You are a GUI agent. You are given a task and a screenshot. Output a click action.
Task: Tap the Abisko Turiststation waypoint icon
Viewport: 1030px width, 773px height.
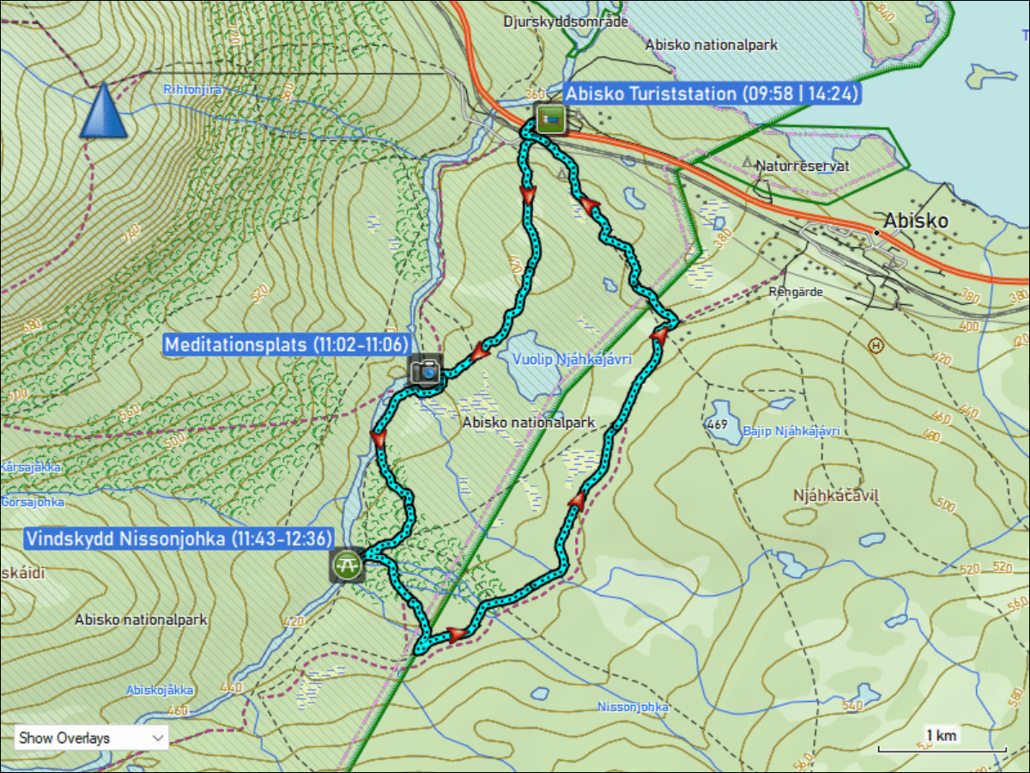550,118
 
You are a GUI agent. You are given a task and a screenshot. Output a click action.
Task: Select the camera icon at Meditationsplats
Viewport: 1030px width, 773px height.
425,370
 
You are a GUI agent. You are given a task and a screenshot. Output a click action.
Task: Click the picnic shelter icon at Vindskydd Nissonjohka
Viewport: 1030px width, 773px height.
347,565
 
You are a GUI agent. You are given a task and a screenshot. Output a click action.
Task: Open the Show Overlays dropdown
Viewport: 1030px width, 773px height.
91,737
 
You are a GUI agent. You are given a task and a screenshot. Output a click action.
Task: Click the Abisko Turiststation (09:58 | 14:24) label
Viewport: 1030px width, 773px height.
712,94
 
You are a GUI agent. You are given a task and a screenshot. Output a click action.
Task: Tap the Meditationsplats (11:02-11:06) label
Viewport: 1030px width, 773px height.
285,345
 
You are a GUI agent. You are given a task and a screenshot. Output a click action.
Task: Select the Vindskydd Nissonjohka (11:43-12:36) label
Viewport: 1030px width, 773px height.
179,539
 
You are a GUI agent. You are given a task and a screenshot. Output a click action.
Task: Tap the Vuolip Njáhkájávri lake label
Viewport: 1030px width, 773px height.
571,359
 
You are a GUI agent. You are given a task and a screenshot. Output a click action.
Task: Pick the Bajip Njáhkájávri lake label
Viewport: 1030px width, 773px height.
791,431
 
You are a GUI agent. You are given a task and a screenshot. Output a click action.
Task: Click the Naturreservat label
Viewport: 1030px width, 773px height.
803,167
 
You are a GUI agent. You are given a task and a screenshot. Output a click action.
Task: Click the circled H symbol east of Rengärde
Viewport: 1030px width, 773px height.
875,344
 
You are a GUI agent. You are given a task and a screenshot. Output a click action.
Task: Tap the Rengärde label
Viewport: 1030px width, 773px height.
796,292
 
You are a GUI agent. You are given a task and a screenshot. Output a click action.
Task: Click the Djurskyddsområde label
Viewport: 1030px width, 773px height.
566,21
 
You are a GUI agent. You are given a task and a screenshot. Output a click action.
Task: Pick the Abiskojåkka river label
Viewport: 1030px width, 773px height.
160,690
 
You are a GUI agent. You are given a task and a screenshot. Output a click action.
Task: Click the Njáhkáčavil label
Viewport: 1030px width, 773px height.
837,496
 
